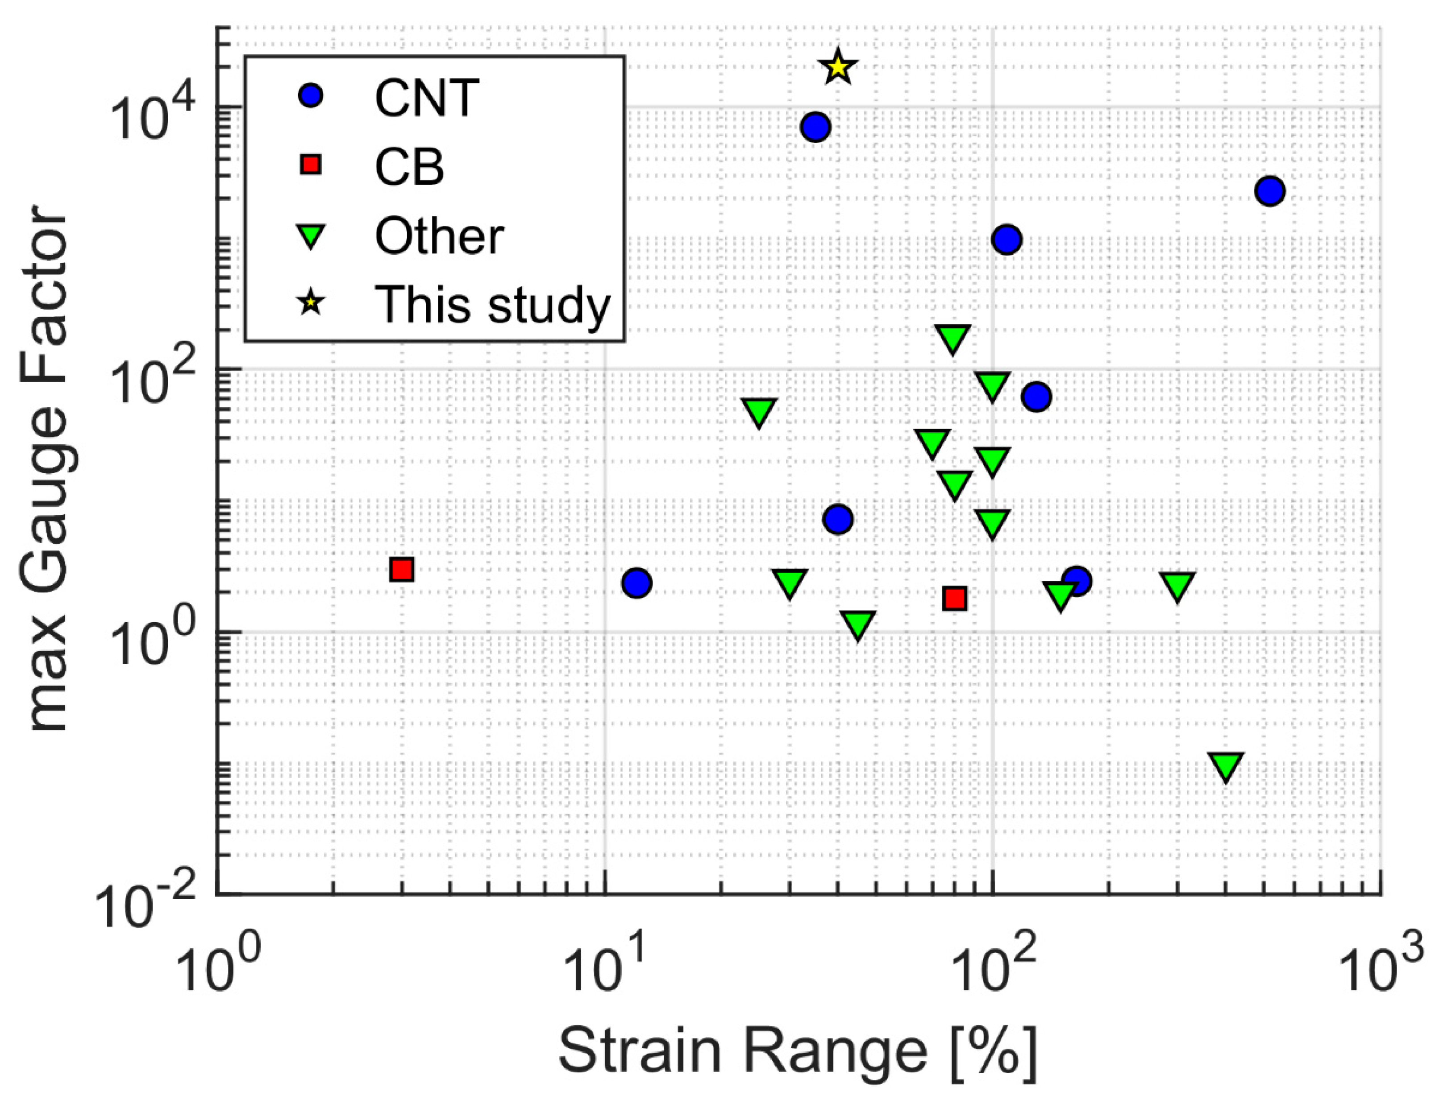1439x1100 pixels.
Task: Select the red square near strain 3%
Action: [402, 569]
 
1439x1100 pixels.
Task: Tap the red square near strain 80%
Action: [955, 598]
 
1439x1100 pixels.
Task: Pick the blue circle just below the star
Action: [815, 127]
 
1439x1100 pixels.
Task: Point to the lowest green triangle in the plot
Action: [1226, 766]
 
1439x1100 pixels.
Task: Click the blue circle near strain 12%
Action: [636, 582]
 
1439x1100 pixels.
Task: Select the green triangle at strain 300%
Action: [1177, 585]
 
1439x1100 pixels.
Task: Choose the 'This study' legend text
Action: [492, 304]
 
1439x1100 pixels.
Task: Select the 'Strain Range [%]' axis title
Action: [797, 1051]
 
